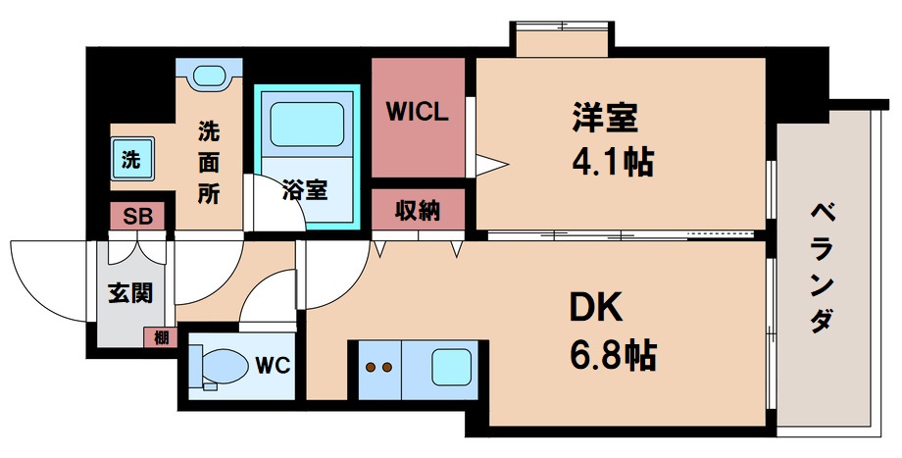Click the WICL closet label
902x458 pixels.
click(417, 112)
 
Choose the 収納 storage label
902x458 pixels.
click(417, 209)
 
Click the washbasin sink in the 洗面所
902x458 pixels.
click(208, 76)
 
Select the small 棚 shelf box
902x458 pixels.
click(158, 337)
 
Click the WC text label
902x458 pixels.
click(272, 368)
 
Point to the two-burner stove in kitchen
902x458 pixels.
click(379, 369)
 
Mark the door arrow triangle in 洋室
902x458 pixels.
click(493, 161)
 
